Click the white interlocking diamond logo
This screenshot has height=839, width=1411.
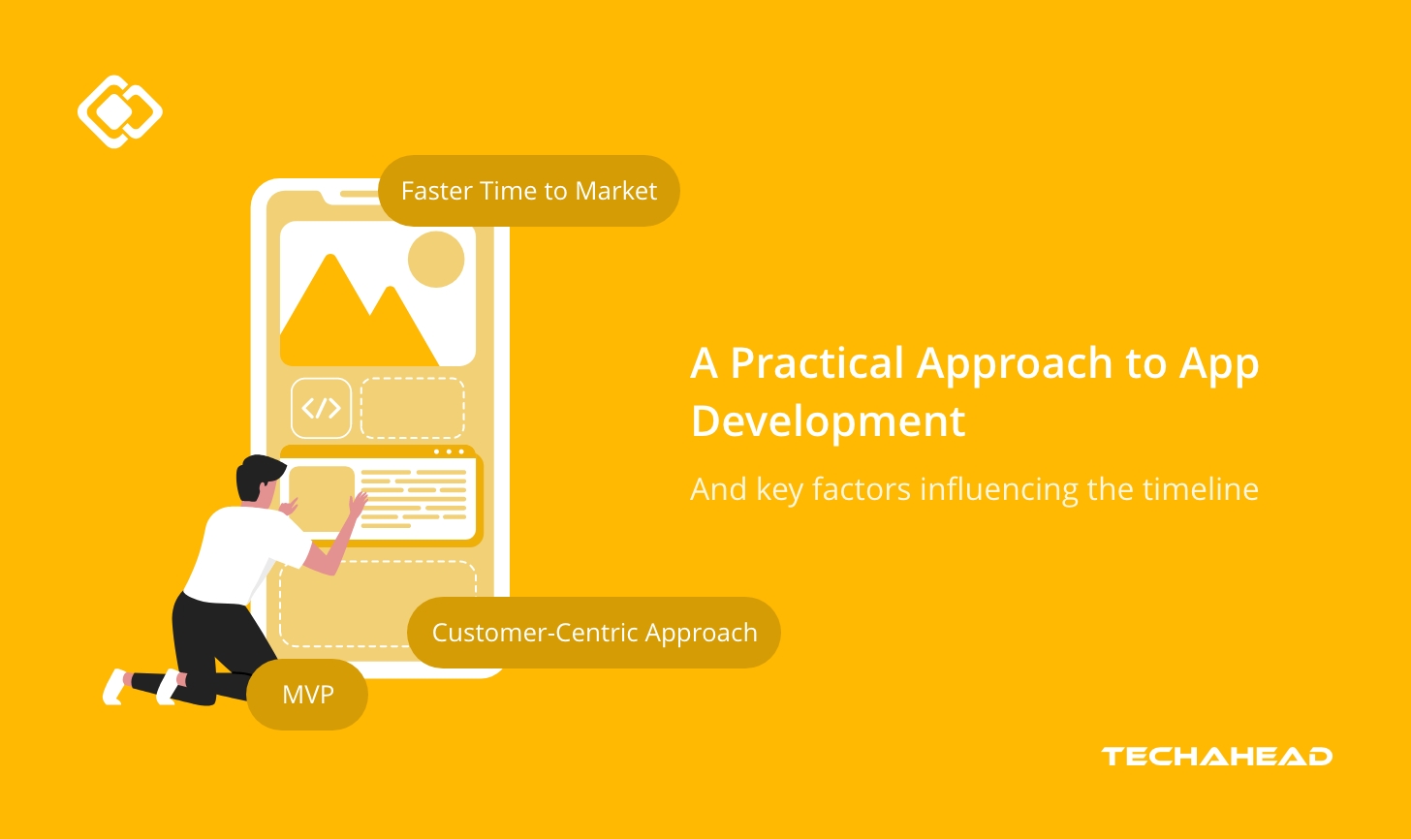click(x=119, y=111)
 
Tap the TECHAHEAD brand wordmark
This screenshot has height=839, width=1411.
click(x=1216, y=757)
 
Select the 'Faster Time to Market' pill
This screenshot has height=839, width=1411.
click(x=528, y=191)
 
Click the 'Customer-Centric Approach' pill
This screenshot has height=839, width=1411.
click(x=593, y=633)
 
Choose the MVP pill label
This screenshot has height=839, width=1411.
click(x=307, y=695)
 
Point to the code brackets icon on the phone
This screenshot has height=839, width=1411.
click(x=321, y=408)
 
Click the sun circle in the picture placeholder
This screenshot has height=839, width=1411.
click(x=436, y=259)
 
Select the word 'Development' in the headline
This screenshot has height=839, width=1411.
click(x=828, y=421)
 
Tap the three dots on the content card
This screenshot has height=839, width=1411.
click(x=449, y=451)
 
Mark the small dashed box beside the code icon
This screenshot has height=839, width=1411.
click(x=412, y=408)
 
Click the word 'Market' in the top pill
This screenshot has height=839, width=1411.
click(x=615, y=191)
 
